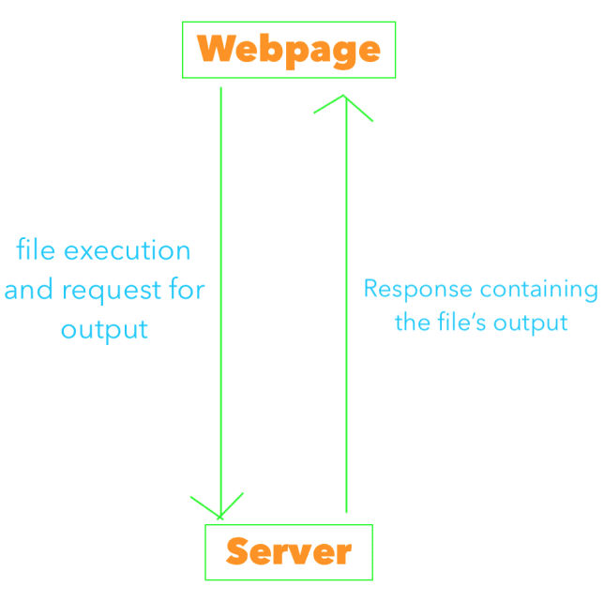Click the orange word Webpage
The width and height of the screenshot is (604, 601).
tap(289, 50)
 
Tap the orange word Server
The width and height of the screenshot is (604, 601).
tap(289, 551)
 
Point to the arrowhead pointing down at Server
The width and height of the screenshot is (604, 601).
tap(219, 509)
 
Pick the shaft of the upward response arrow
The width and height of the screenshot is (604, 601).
tap(346, 309)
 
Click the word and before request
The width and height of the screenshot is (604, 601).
tap(29, 290)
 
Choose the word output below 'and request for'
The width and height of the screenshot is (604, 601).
tap(104, 330)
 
